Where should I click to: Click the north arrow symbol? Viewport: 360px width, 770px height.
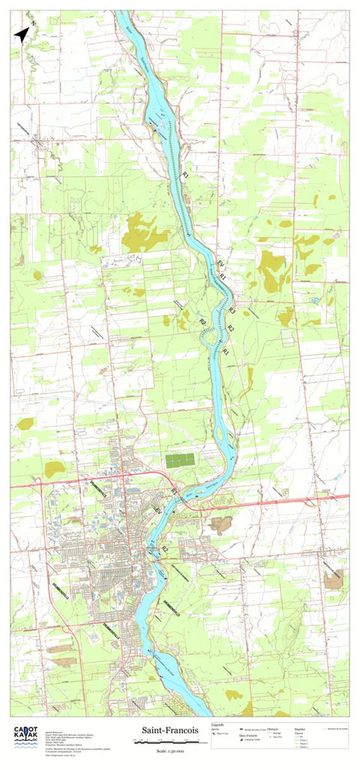pos(22,34)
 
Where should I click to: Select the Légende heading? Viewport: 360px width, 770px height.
pos(219,725)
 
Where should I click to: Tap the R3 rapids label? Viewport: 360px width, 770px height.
pos(232,310)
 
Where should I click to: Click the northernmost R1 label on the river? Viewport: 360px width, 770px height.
pos(185,174)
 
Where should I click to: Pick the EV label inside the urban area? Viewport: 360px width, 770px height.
pos(157,510)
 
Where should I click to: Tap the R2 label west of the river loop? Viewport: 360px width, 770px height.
pos(202,322)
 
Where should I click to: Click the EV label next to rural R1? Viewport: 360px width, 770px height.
pos(220,265)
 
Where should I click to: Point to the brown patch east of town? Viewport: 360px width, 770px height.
pos(220,524)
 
